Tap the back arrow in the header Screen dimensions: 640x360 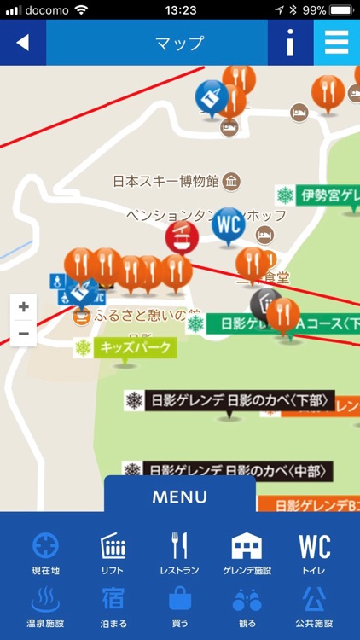coord(22,43)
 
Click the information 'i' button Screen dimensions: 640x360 coord(290,43)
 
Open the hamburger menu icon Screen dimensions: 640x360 coord(337,43)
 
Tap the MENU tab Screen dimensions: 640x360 coord(180,496)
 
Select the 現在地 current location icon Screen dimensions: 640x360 coord(46,546)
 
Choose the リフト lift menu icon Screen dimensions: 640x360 coord(113,546)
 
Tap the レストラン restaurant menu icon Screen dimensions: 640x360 coord(179,546)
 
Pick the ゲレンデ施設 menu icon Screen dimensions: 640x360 coord(247,546)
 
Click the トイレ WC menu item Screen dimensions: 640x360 coord(314,546)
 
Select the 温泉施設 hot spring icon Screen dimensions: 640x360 coord(46,600)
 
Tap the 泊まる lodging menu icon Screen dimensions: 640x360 coord(113,600)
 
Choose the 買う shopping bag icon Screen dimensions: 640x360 coord(179,600)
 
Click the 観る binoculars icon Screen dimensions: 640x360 coord(247,600)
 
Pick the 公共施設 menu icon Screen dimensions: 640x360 coord(314,600)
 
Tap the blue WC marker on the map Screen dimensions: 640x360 coord(228,224)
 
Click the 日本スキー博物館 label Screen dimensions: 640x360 coord(166,181)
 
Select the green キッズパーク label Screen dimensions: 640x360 coord(125,347)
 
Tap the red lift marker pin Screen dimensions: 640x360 coord(181,236)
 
